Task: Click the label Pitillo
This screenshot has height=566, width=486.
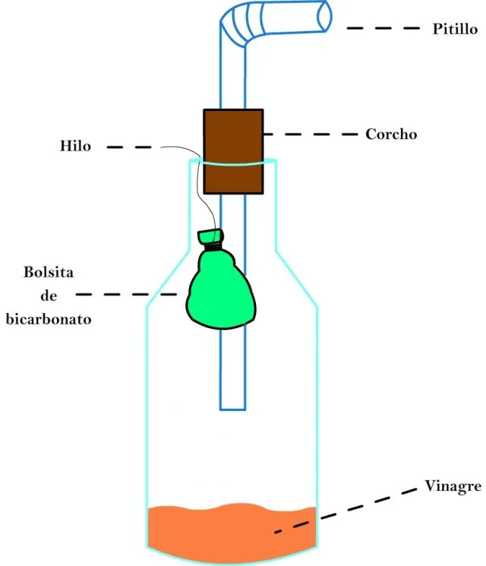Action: click(455, 29)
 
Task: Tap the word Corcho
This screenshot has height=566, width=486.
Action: click(391, 134)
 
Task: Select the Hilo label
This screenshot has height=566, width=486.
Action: click(75, 146)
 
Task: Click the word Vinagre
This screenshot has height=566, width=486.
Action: click(453, 486)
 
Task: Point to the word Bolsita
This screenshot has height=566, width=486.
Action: click(49, 272)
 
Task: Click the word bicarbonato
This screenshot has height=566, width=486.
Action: click(49, 319)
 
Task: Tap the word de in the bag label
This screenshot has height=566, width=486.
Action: click(49, 296)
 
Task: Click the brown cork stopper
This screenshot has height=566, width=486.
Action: click(233, 152)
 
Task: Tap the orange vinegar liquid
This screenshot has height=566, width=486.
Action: click(232, 533)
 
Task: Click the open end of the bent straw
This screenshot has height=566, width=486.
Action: click(323, 16)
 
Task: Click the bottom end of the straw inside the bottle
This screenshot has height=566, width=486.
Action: click(232, 409)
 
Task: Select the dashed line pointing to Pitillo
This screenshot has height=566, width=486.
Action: click(383, 28)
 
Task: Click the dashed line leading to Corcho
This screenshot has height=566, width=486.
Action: click(311, 134)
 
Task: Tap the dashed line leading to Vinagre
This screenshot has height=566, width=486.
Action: click(346, 511)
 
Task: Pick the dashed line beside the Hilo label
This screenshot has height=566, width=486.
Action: click(129, 147)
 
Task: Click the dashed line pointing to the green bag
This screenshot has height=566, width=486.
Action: click(126, 295)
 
